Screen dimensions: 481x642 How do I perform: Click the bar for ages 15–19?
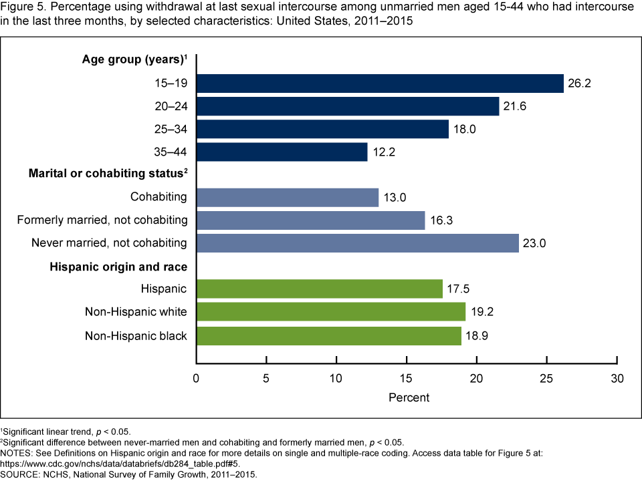pos(380,84)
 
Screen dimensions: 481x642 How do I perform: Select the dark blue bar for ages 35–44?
pos(282,152)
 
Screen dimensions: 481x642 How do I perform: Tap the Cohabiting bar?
pos(288,197)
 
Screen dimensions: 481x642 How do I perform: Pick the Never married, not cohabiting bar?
pos(358,243)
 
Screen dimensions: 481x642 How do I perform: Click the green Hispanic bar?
pos(320,289)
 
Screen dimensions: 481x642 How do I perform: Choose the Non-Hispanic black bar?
pos(329,336)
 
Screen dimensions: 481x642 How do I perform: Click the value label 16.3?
pos(441,220)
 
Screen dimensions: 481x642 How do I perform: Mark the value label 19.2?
pos(481,312)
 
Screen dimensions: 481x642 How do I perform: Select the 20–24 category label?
pos(170,106)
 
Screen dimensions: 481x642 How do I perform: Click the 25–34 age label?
pos(170,129)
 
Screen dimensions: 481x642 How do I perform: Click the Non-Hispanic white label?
pos(136,312)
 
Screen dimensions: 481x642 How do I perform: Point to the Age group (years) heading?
pos(134,60)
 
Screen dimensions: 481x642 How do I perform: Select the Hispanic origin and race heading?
pos(118,267)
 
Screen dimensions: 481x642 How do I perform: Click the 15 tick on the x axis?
pos(407,378)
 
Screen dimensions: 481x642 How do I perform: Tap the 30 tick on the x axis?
pos(617,378)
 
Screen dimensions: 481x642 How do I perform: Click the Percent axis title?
pos(409,397)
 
